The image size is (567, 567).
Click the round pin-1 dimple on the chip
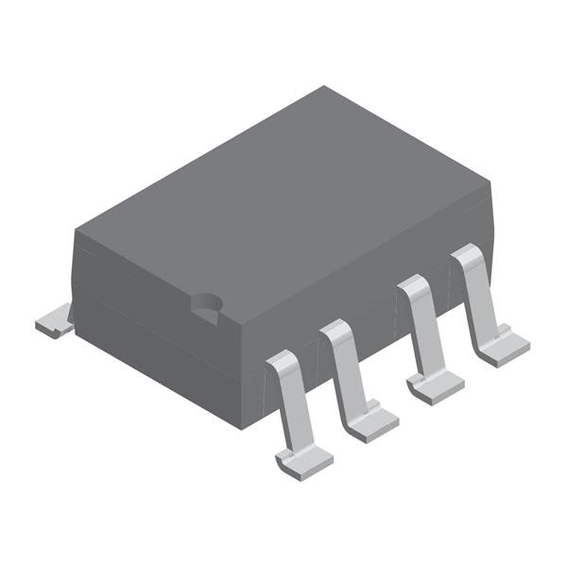[205, 303]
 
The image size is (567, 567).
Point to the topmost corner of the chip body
[324, 87]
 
